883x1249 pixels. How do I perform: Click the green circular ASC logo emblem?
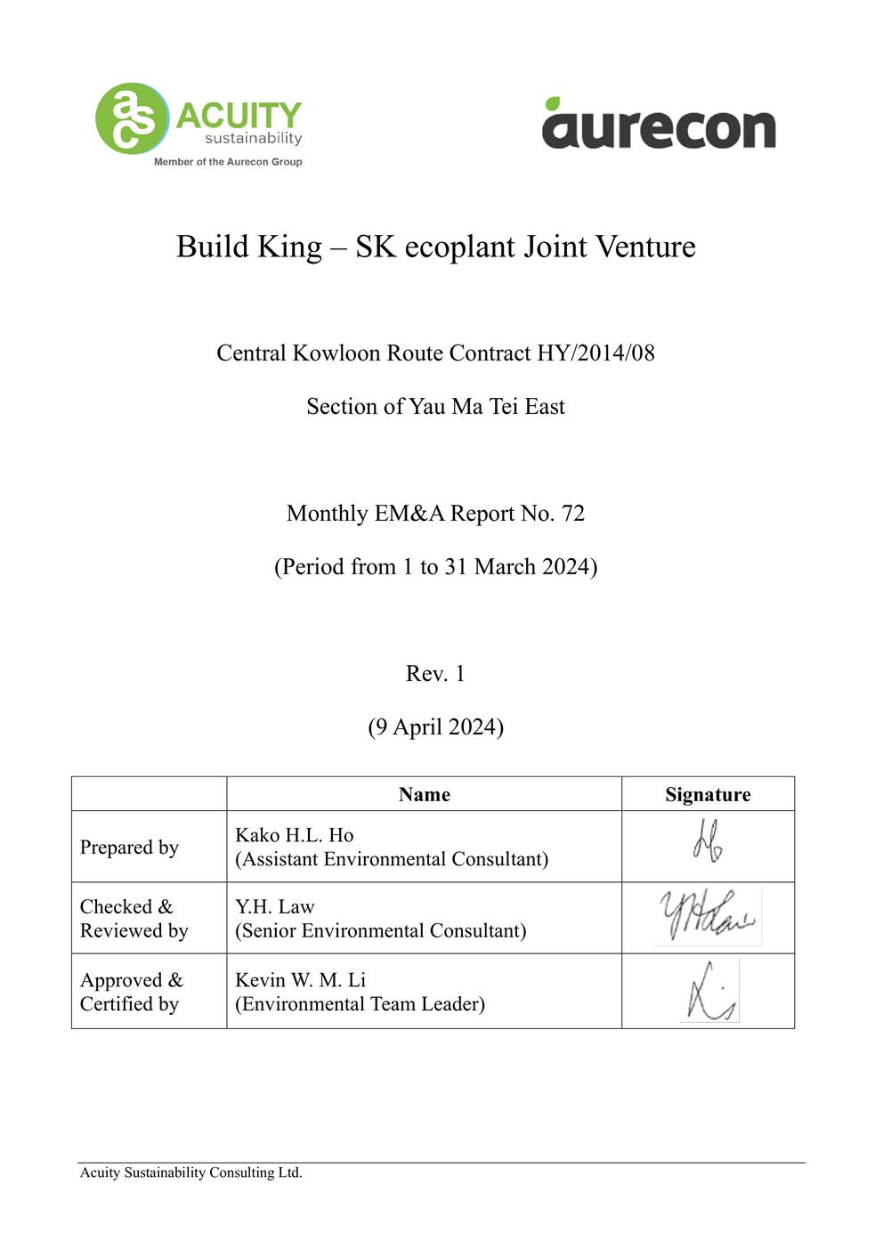point(132,118)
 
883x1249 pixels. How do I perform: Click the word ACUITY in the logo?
point(239,116)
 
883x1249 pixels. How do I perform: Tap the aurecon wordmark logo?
point(659,128)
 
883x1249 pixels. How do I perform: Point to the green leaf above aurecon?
point(553,103)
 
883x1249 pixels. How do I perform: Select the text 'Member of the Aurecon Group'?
point(228,162)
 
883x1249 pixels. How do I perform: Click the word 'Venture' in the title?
point(644,247)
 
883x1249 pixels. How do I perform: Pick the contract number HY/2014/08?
point(595,353)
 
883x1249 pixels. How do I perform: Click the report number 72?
point(573,514)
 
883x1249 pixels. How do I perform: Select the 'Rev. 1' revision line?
point(435,674)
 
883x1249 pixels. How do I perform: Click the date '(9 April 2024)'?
point(435,727)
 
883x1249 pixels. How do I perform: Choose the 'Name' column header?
point(424,794)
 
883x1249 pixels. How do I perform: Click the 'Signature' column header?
point(708,794)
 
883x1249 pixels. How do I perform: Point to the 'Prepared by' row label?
point(129,848)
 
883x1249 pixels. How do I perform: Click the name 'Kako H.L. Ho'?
point(294,835)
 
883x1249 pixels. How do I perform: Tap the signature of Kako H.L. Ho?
point(708,842)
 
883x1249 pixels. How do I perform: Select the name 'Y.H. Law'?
point(274,907)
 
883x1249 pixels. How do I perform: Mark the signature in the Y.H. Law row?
point(708,917)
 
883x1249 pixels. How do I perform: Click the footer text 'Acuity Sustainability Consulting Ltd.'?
point(191,1172)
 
